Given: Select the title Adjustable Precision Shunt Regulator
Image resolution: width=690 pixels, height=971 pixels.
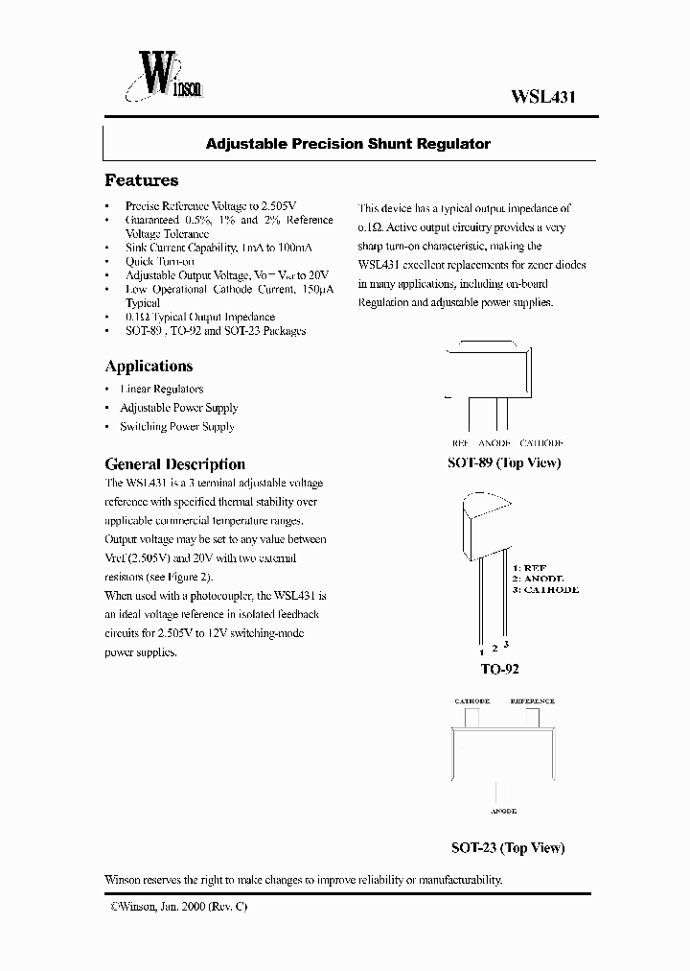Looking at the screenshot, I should [348, 144].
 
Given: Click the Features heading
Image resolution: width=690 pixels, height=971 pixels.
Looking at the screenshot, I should [141, 180].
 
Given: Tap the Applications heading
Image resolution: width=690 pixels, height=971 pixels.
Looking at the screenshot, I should [149, 366].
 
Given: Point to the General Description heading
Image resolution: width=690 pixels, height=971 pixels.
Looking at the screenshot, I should [174, 463].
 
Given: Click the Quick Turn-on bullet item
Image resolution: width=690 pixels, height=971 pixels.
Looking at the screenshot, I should [160, 261].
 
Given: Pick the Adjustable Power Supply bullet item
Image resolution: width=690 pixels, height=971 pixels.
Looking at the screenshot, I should [178, 408].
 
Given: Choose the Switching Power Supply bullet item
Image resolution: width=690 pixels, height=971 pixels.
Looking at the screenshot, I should [176, 426].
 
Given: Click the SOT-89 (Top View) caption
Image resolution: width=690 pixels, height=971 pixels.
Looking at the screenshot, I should [504, 462].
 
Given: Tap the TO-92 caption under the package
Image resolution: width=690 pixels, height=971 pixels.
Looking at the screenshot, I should [501, 669].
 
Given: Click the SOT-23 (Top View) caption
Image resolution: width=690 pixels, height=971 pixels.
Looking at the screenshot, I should [508, 847].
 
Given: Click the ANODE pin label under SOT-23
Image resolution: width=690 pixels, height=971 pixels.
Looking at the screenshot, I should [503, 812].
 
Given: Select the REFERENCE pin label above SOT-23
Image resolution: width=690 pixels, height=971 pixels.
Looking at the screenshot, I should [532, 701].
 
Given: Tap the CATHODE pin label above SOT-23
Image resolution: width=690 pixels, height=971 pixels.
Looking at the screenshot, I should [471, 701].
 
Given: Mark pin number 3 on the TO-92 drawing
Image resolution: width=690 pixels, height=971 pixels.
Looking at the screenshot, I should [506, 643].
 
